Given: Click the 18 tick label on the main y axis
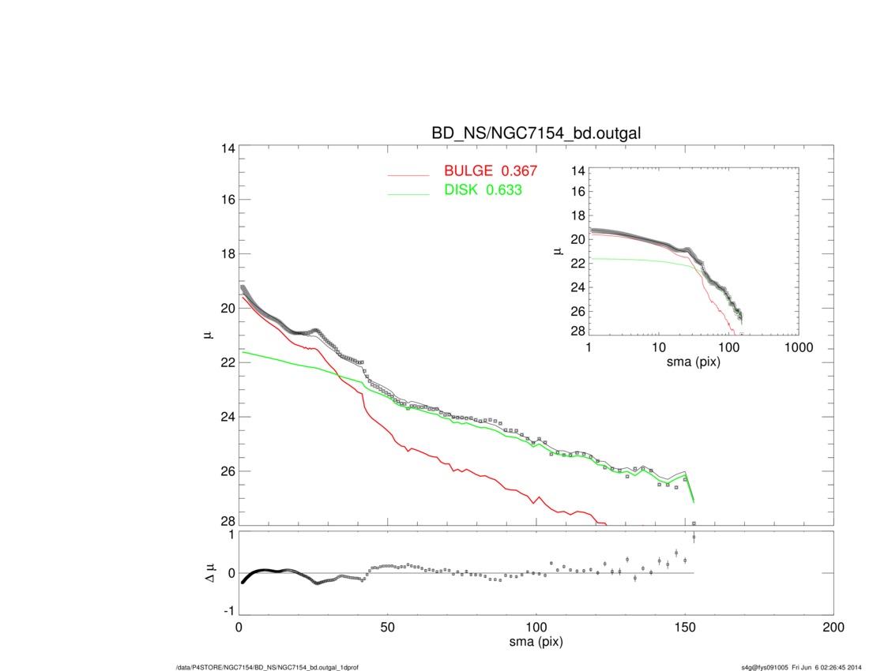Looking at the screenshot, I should (x=228, y=254).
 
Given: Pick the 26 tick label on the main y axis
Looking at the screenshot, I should (x=228, y=471).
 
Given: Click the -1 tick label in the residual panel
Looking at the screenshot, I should (x=229, y=611).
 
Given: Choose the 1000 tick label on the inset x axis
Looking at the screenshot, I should (x=798, y=347).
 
